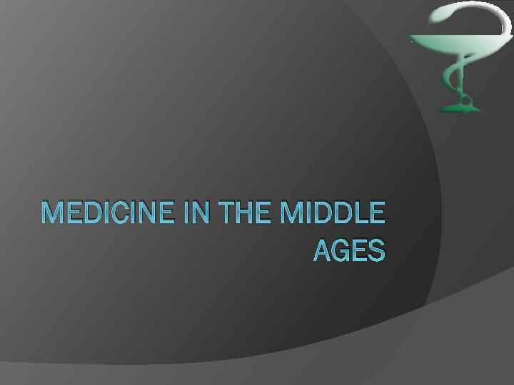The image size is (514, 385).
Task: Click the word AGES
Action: point(349,250)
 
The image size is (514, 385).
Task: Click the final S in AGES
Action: point(377,250)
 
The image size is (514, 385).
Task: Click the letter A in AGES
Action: point(323,250)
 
